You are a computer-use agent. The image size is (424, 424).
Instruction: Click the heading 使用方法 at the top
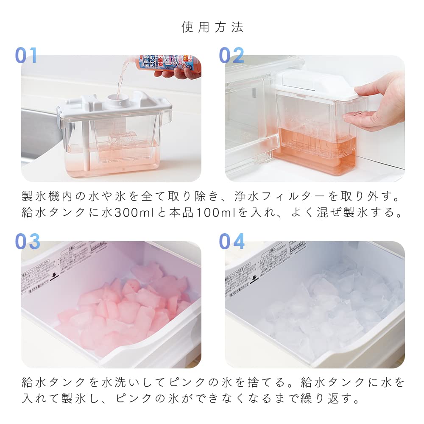(212, 28)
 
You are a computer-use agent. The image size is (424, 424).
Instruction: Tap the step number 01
(26, 56)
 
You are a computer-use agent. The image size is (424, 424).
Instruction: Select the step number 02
(232, 56)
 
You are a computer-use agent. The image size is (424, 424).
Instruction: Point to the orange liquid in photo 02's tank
(314, 153)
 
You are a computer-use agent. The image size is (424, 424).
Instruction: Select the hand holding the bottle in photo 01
(178, 73)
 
